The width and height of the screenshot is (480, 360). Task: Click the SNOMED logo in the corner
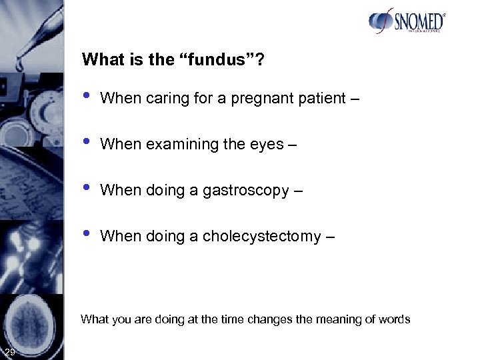(x=406, y=21)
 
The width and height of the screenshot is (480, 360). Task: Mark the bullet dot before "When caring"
(x=86, y=97)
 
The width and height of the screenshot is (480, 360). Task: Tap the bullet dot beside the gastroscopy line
(x=86, y=188)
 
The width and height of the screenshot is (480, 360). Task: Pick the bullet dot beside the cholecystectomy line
(x=86, y=233)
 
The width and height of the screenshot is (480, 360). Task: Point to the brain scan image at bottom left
(x=33, y=317)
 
